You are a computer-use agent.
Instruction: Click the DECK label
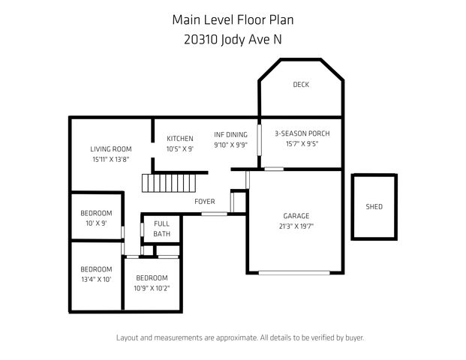point(300,85)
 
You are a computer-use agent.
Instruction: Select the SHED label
point(374,206)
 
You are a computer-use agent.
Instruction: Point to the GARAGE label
point(296,215)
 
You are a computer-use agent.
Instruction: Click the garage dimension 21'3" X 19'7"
point(296,226)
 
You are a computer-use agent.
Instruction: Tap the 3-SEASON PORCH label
point(302,134)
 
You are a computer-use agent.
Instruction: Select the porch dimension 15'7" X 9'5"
point(302,145)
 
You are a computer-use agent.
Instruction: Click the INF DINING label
point(230,134)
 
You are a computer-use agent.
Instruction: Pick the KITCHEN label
point(180,139)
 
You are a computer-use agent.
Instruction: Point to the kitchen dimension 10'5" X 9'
point(180,149)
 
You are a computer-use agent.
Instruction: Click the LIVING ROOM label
point(111,148)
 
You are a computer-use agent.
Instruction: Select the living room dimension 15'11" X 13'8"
point(111,159)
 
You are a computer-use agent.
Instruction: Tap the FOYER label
point(204,202)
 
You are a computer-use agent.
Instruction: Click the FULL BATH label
point(162,229)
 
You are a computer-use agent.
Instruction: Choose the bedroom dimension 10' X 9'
point(96,223)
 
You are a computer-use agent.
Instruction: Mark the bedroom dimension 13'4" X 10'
point(96,279)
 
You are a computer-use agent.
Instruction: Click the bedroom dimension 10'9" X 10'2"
point(153,288)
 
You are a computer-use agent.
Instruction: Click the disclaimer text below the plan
point(239,337)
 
